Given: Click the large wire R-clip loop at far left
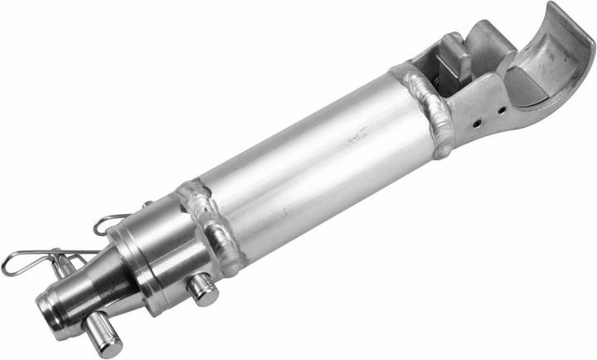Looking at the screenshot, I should pyautogui.click(x=18, y=263).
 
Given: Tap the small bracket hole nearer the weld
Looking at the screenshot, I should pyautogui.click(x=478, y=124).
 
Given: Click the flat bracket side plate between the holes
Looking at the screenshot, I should pyautogui.click(x=489, y=117).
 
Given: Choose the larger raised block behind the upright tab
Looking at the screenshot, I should pyautogui.click(x=489, y=46).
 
